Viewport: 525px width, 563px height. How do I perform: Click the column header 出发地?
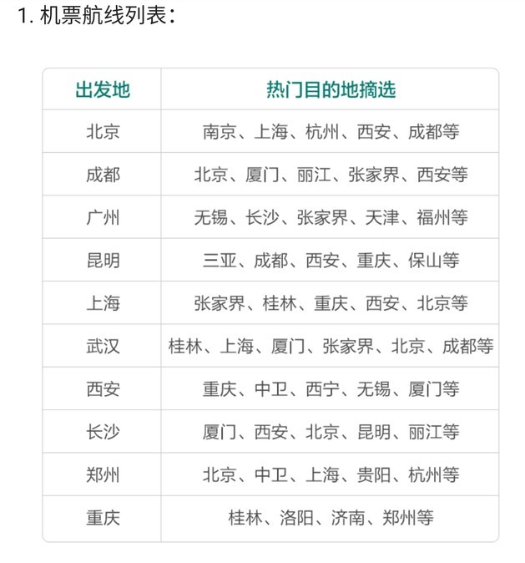tap(103, 89)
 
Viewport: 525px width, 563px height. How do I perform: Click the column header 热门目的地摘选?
tap(331, 89)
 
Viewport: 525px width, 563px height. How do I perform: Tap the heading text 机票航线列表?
tap(103, 16)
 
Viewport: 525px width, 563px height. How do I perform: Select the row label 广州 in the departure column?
tap(103, 217)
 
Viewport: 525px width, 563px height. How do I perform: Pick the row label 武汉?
tap(103, 347)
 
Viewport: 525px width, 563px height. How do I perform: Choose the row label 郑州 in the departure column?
tap(103, 475)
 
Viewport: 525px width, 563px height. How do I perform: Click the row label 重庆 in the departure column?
tap(103, 518)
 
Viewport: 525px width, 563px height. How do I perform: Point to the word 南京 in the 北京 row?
tap(220, 132)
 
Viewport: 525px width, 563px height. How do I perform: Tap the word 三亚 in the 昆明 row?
tap(220, 261)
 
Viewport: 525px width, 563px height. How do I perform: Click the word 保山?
tap(425, 261)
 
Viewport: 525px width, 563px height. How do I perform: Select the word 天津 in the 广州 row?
tap(382, 217)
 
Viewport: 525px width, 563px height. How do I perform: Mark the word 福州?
tap(433, 217)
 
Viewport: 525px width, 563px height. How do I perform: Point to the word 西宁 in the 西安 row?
tap(322, 389)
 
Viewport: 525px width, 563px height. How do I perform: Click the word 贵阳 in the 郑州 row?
tap(374, 475)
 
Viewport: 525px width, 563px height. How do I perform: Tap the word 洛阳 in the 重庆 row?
tap(296, 518)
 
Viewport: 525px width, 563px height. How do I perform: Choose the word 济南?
tap(348, 518)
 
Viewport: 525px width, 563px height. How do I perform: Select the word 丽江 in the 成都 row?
tap(314, 175)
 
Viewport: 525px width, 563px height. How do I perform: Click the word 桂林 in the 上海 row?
tap(280, 303)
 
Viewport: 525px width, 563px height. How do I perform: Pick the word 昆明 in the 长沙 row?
tap(374, 433)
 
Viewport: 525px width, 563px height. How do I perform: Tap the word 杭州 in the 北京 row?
tap(322, 132)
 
